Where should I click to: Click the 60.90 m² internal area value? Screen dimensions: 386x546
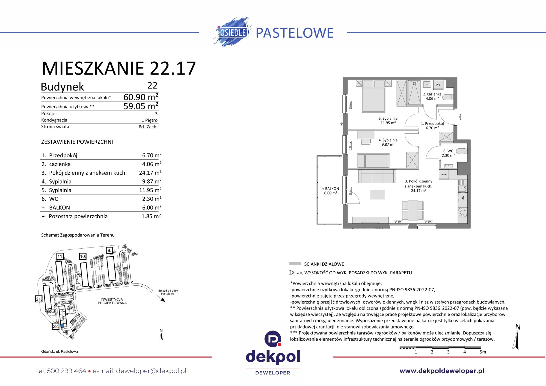point(141,97)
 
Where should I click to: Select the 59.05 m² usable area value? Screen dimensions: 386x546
point(141,106)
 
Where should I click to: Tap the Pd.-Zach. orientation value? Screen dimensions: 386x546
point(148,127)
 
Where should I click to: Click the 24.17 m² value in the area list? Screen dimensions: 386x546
point(150,173)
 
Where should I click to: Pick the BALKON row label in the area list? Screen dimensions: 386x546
point(60,208)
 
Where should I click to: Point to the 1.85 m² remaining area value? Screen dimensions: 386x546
point(151,216)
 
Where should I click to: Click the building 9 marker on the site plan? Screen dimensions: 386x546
point(109,250)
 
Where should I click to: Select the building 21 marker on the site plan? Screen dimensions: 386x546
point(38,299)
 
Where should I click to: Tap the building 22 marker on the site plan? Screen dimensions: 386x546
point(55,326)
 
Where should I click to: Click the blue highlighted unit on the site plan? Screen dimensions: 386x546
point(63,325)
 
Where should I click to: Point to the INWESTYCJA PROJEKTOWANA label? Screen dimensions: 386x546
point(112,301)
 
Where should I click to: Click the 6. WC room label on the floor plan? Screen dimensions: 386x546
point(448,153)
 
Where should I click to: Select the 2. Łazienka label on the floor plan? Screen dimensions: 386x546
point(432,96)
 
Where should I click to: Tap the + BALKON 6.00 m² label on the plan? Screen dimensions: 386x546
point(330,191)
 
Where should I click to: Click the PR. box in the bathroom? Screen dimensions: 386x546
point(438,85)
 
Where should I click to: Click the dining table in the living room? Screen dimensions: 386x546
point(413,210)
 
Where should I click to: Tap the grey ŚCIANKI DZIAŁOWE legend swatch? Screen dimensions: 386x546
point(295,264)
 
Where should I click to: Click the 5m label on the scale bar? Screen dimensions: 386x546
point(483,352)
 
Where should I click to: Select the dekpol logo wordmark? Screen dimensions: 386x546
point(273,356)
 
